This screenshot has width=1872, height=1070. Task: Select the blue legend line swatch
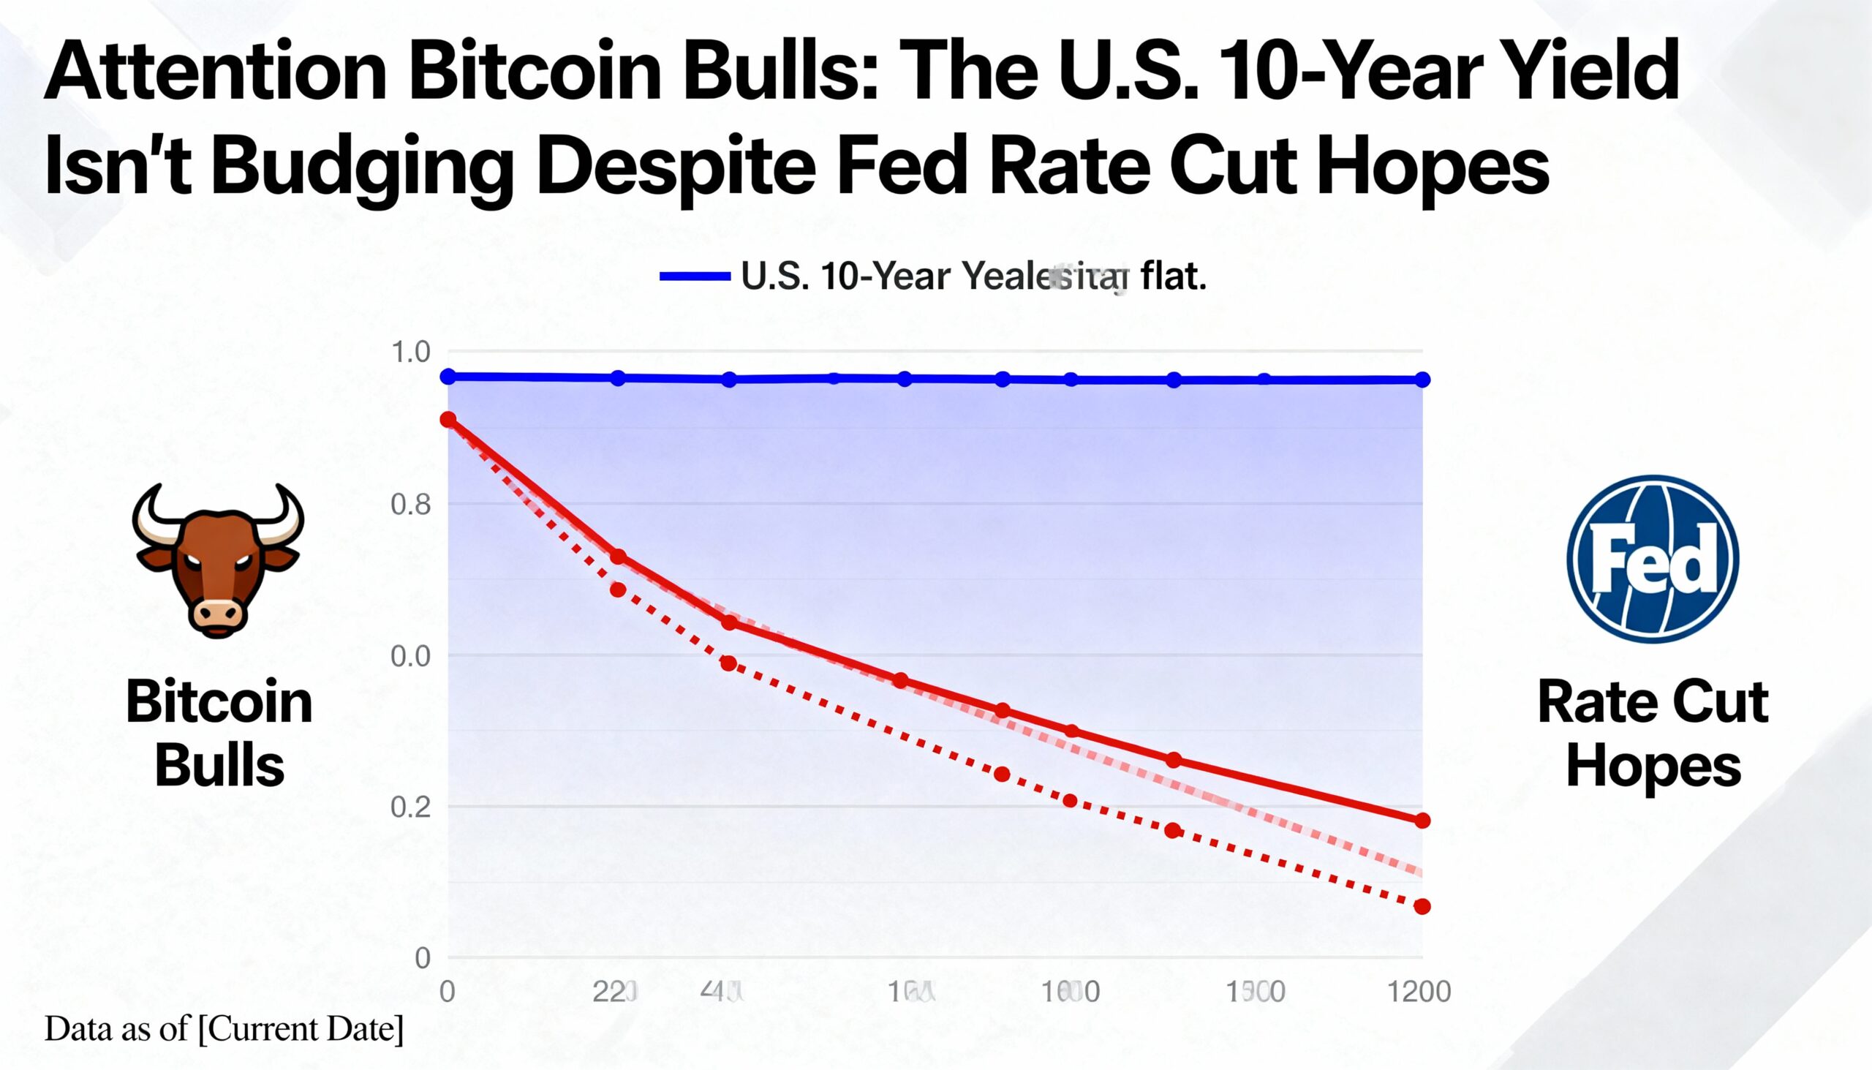694,276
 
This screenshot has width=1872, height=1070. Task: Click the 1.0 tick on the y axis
411,353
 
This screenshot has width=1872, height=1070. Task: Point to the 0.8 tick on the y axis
411,505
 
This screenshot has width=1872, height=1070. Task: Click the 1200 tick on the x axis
1419,992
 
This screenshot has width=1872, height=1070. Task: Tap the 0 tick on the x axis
447,992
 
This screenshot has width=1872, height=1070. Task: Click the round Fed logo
1653,559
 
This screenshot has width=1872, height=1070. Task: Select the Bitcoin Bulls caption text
219,734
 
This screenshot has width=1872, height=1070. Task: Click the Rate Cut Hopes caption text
1653,734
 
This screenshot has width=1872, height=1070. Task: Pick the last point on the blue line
1422,380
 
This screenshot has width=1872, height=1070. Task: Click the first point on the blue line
448,376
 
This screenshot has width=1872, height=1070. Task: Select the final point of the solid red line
1422,821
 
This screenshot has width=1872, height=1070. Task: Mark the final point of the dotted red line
1422,907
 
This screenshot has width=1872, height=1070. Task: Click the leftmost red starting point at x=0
448,420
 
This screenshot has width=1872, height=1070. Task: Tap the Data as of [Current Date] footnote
224,1029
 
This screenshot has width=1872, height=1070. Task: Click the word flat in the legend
1173,277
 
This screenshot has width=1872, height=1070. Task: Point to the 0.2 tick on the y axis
411,807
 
